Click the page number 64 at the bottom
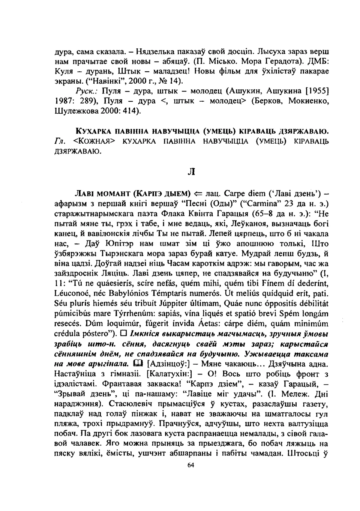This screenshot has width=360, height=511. [x=190, y=465]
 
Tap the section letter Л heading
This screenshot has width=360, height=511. [x=191, y=172]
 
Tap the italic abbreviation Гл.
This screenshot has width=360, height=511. [x=60, y=141]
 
